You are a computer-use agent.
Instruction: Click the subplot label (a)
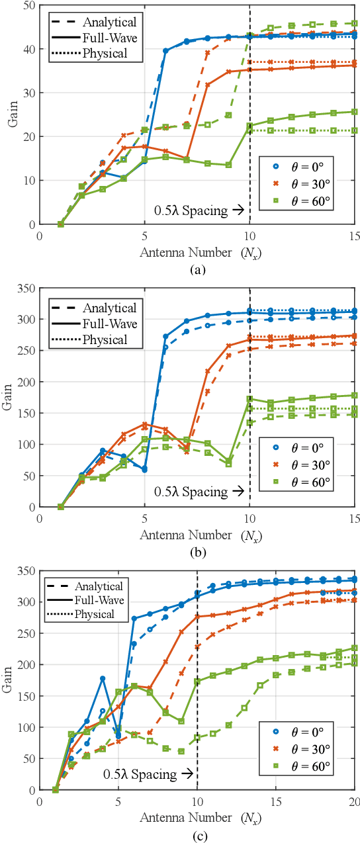[197, 269]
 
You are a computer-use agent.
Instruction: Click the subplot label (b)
[197, 552]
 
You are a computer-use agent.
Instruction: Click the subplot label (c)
[197, 835]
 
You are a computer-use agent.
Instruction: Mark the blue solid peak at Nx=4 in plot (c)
[103, 678]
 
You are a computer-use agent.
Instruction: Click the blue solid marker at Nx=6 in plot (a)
[165, 50]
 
